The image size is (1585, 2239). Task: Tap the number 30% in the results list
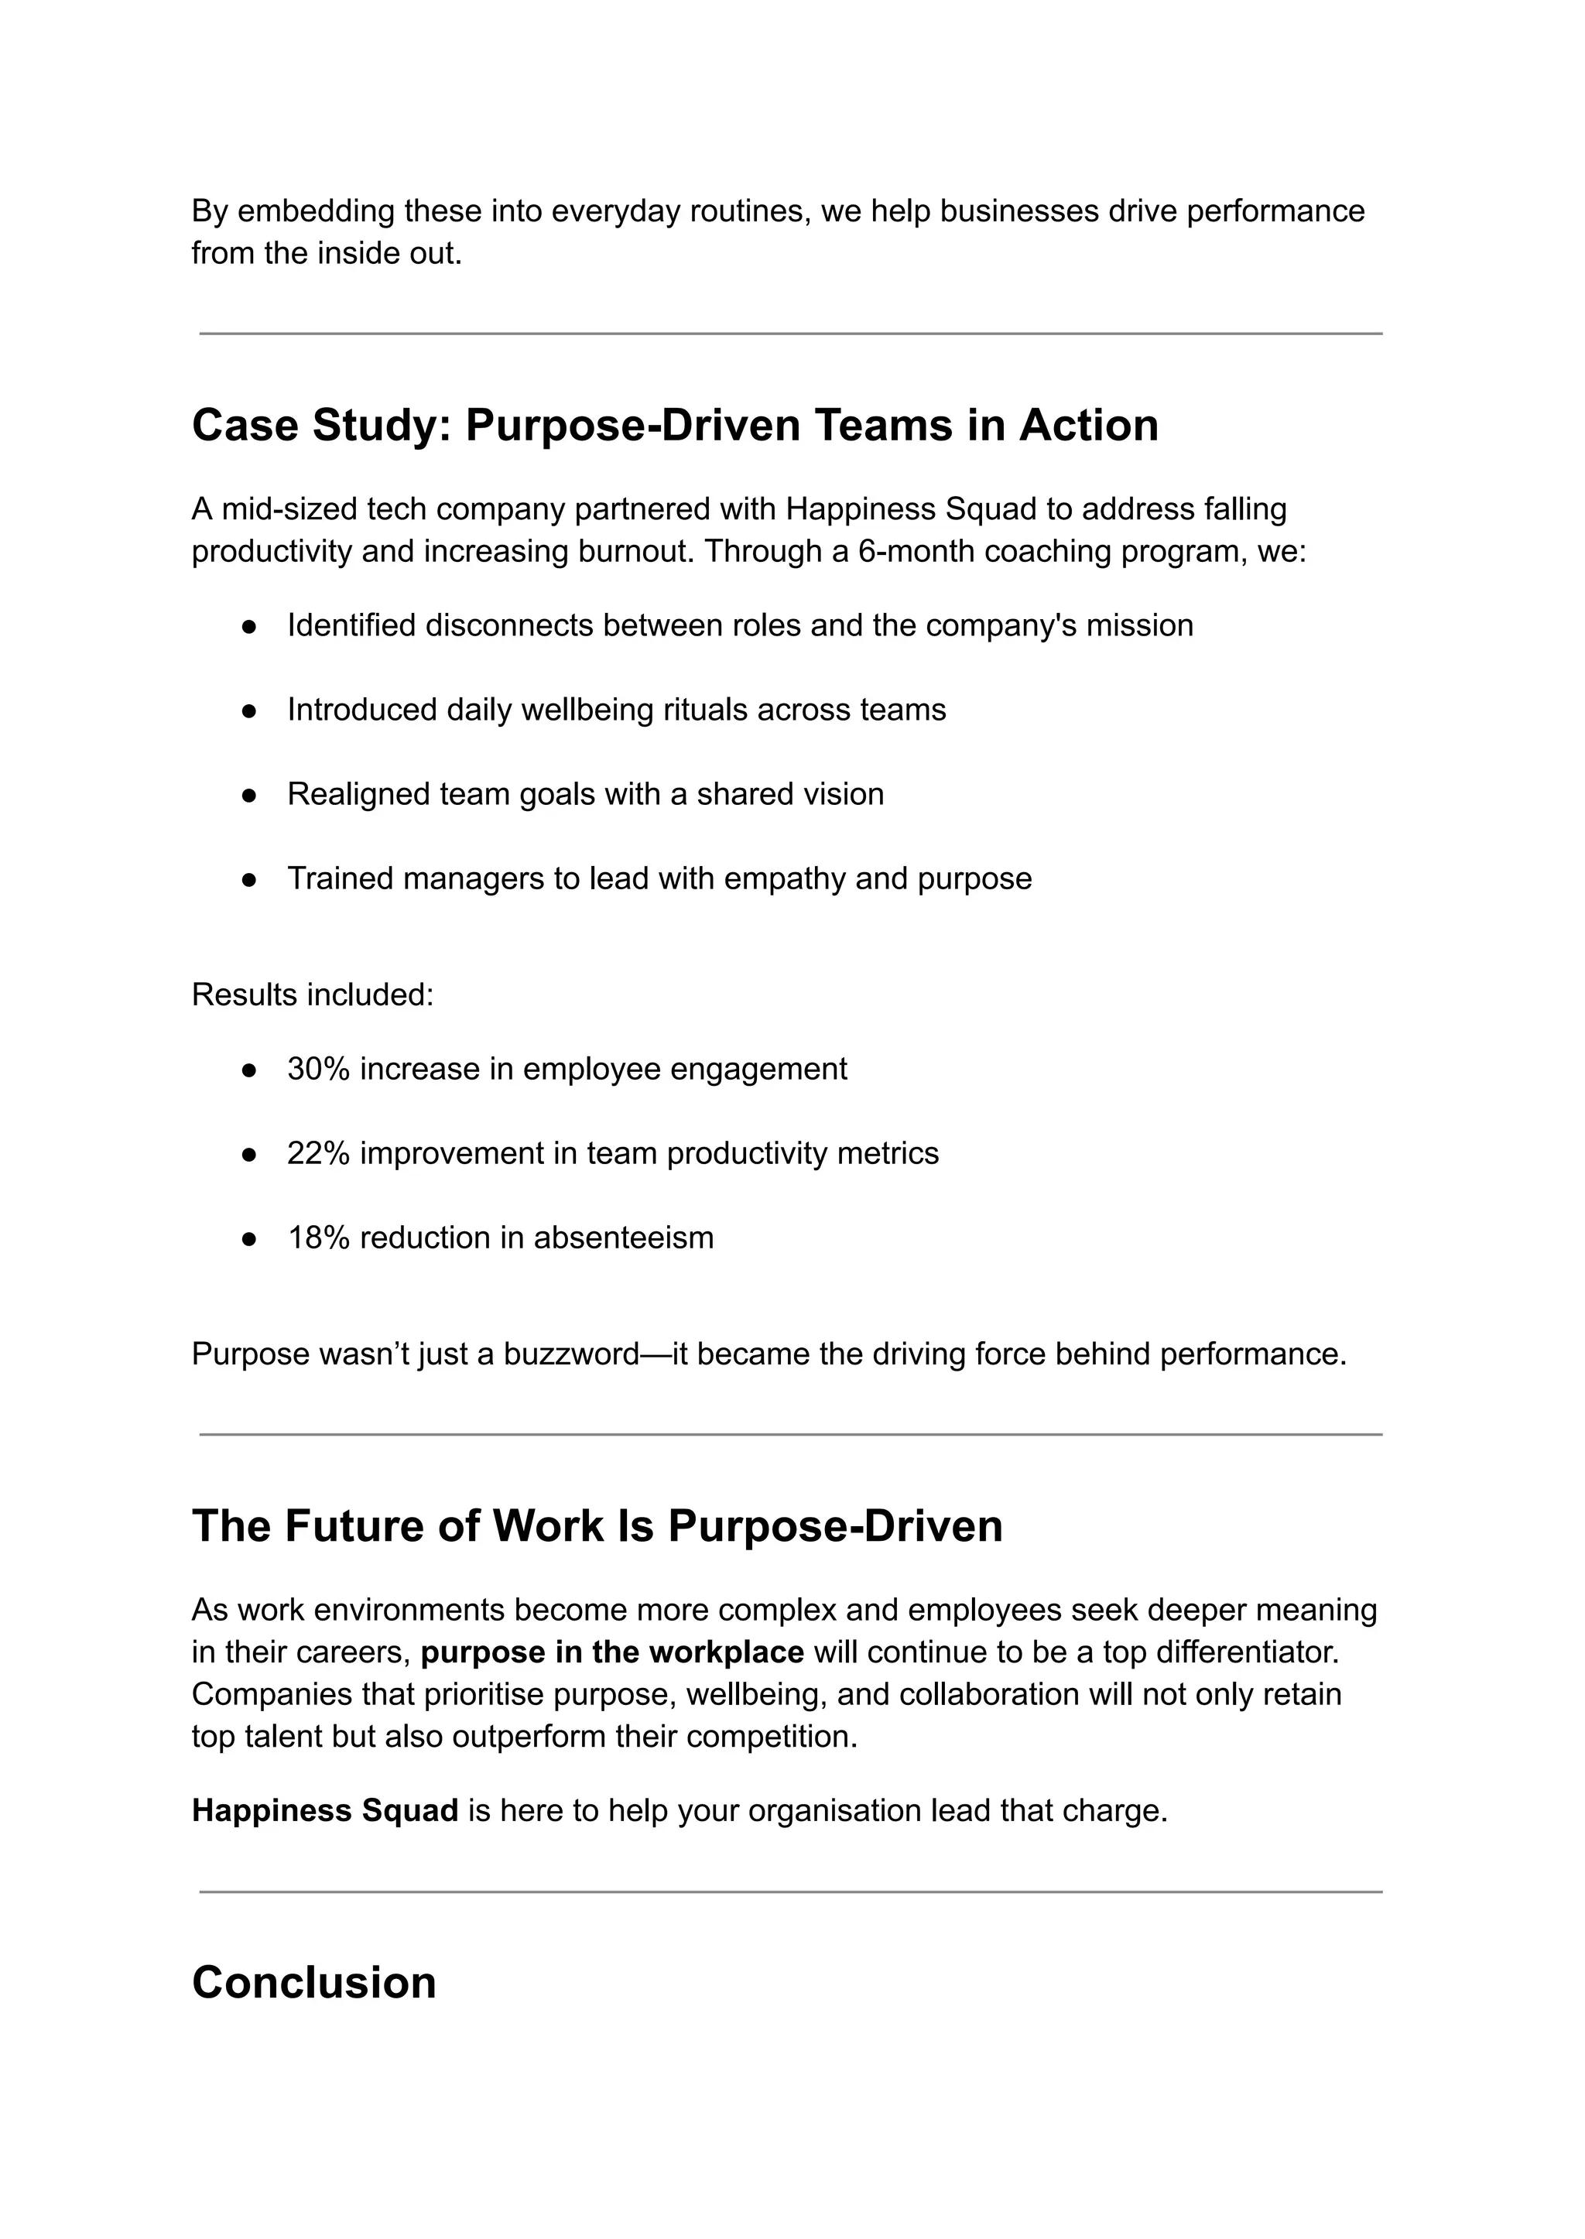coord(318,1069)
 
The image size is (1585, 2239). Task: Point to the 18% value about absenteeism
coord(318,1238)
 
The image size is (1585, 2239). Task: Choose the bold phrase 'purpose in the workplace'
coord(612,1652)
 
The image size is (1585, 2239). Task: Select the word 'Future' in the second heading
coord(354,1526)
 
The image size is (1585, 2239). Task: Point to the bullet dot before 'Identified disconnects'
coord(249,627)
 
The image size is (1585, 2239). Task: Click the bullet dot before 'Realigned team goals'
coord(249,796)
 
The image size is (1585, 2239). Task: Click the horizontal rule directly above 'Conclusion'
coord(790,1892)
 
